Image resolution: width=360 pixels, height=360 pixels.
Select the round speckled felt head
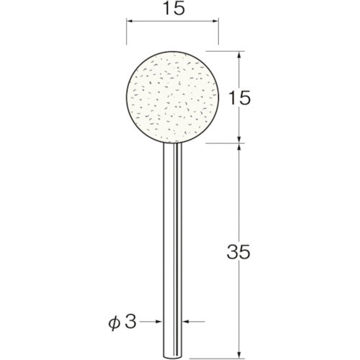coord(173,96)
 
